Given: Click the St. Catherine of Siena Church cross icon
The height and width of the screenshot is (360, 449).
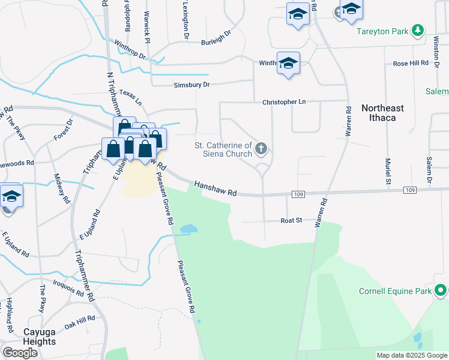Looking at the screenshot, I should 261,148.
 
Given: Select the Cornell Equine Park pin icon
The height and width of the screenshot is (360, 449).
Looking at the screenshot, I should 441,291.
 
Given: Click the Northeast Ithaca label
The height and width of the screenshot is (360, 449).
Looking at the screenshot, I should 382,113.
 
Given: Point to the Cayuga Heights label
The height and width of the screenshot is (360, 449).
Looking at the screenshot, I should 31,337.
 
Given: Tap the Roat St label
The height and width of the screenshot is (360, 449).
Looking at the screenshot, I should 291,221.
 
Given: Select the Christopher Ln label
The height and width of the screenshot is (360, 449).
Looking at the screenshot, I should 284,102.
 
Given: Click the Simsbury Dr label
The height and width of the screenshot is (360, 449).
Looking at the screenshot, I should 191,85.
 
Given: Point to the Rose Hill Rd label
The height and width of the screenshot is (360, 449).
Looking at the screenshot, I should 411,62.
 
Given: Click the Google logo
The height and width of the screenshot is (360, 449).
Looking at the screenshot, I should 20,352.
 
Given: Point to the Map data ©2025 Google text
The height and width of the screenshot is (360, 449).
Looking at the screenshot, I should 412,355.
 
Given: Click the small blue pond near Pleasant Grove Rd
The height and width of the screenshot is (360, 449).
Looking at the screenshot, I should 188,229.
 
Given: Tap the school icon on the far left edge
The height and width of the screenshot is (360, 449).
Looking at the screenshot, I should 11,196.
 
